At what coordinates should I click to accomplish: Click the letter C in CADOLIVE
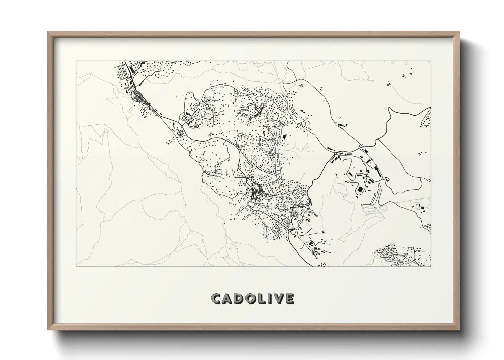point(217,299)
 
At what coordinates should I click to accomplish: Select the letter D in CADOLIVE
point(240,299)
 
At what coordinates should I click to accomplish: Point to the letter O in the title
point(252,299)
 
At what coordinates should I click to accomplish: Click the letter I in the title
point(269,299)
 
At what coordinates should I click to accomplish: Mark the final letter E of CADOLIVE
point(289,299)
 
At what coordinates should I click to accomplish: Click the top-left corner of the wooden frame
point(48,32)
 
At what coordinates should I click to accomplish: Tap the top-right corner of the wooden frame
point(459,32)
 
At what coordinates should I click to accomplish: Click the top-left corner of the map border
point(76,61)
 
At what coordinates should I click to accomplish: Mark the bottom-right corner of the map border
point(431,266)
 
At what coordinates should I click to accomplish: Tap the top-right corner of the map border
point(431,61)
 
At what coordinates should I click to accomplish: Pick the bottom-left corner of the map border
point(76,266)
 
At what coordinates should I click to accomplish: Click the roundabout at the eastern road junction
point(335,154)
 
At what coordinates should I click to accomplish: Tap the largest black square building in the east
point(359,189)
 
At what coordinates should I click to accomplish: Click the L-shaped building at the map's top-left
point(141,64)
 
